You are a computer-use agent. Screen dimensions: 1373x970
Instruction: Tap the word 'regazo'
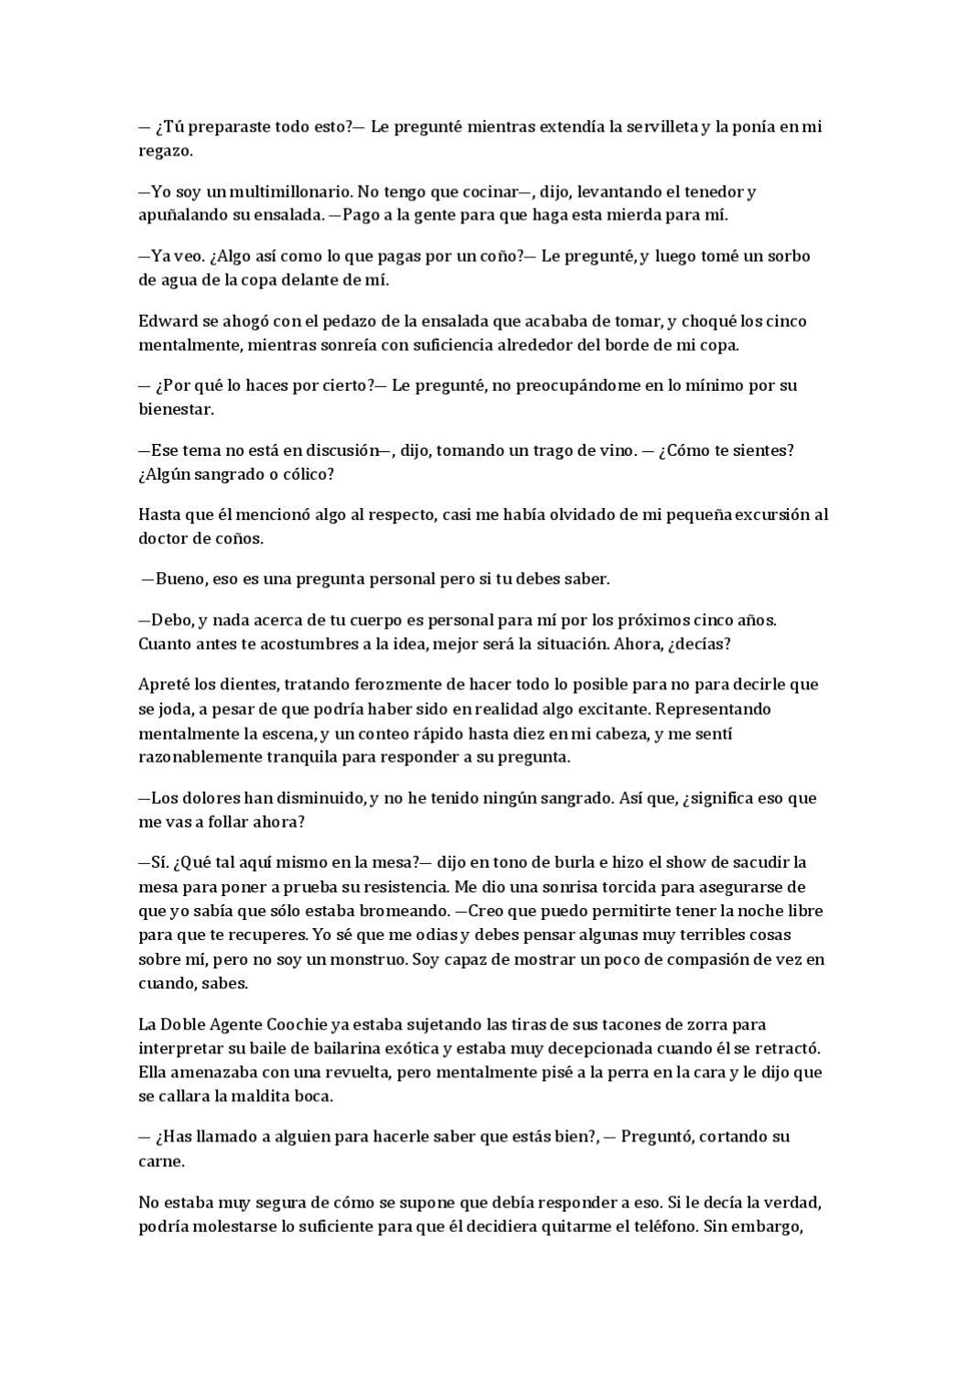click(x=164, y=152)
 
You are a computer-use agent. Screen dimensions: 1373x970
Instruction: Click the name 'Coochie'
click(x=298, y=1024)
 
